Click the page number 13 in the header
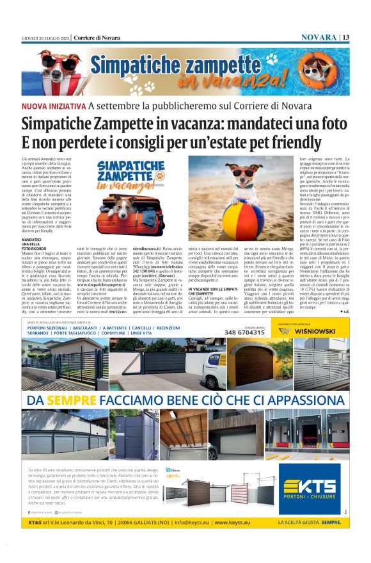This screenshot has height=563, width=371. click(345, 37)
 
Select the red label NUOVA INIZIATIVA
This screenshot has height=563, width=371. click(53, 105)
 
